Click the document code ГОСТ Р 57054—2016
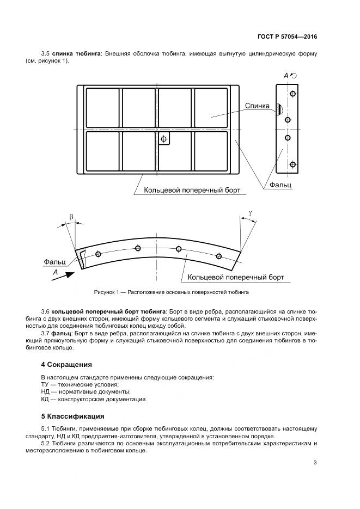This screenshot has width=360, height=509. [287, 37]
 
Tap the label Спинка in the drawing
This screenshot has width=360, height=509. [257, 106]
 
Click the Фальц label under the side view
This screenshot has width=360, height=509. [280, 185]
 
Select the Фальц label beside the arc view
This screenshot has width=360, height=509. [54, 262]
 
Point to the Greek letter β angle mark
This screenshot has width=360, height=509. [71, 217]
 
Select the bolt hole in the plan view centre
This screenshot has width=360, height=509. [162, 140]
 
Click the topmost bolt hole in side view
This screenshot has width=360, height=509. [292, 94]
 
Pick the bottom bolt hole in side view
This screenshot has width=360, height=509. [292, 164]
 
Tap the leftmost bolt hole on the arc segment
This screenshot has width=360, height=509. [98, 254]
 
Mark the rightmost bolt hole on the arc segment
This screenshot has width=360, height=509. [219, 256]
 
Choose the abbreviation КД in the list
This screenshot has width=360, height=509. [45, 399]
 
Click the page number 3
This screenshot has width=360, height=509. [315, 463]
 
